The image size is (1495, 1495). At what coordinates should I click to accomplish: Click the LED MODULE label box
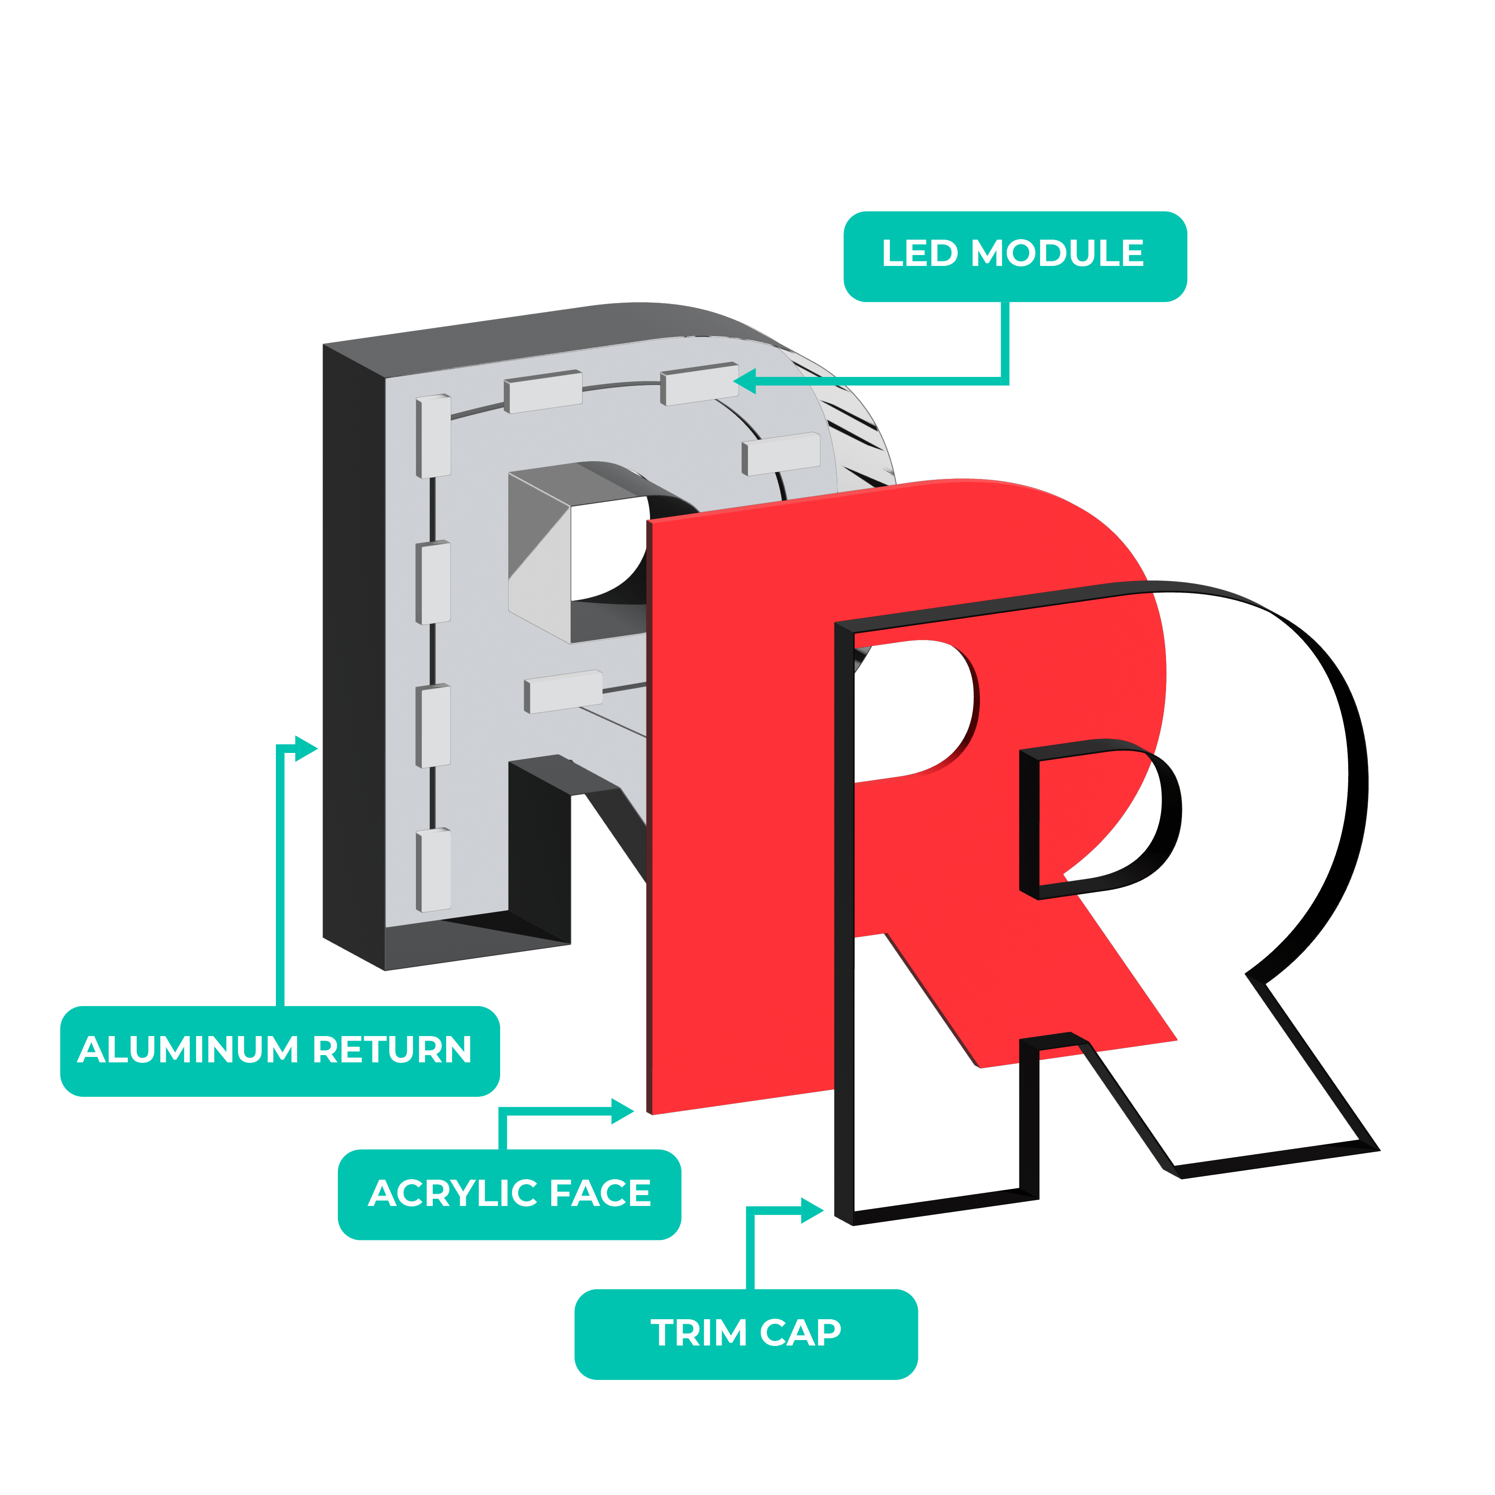tap(1014, 256)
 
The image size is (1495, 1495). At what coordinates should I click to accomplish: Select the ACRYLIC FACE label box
tap(509, 1194)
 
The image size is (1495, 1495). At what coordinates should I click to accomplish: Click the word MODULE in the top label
tap(1057, 254)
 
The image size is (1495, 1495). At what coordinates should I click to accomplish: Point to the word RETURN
tap(392, 1050)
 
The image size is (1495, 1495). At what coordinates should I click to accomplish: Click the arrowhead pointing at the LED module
tap(744, 381)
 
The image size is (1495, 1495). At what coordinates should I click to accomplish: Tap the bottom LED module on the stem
tap(434, 870)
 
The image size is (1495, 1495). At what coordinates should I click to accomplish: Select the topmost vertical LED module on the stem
tap(434, 436)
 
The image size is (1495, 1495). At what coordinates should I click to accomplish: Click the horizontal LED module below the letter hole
tap(563, 691)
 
